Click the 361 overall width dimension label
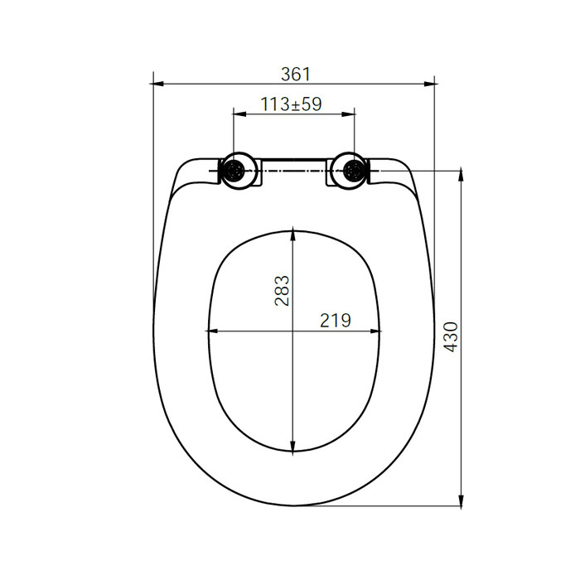[296, 75]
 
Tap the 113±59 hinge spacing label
[292, 104]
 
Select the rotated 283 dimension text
[282, 290]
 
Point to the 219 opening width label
[336, 321]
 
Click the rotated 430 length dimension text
[451, 337]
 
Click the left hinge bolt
[234, 171]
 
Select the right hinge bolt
[352, 171]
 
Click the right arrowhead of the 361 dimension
[429, 84]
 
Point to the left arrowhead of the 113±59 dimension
[239, 114]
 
